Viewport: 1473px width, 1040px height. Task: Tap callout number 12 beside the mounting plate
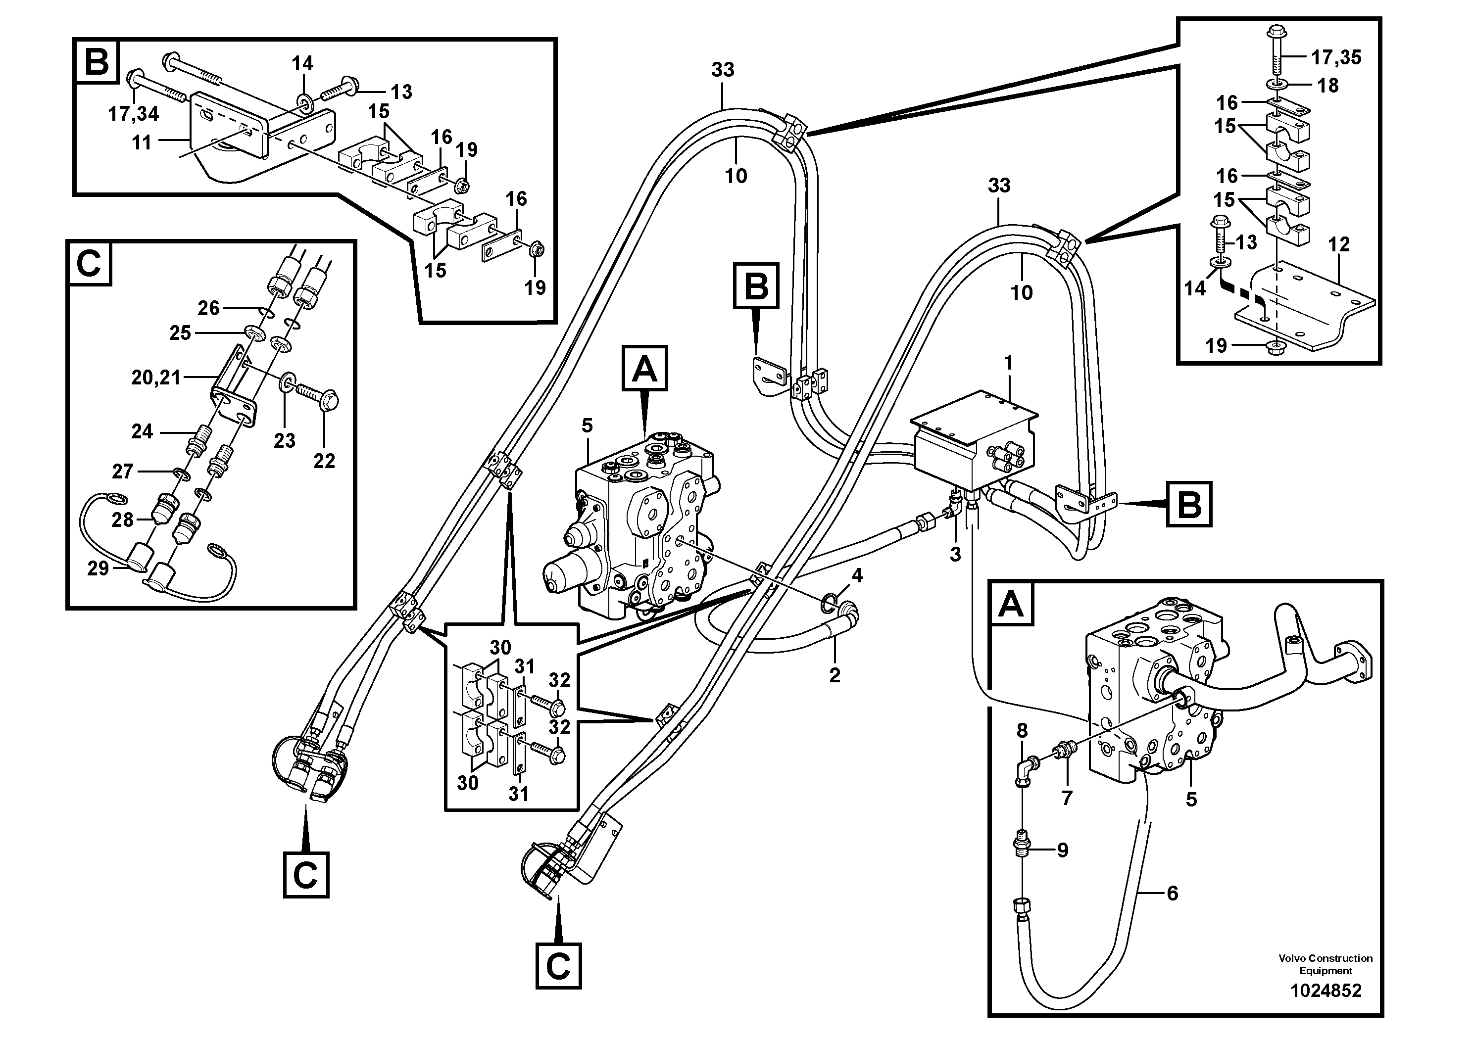1339,244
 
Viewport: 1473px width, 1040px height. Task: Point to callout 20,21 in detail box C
156,378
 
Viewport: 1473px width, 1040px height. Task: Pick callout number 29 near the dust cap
98,568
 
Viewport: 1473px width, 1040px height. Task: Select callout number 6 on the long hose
1172,893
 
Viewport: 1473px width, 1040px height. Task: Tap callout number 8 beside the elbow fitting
1022,730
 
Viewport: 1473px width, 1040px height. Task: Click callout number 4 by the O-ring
857,576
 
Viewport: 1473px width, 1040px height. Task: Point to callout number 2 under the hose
835,674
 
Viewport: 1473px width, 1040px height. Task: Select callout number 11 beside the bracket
142,142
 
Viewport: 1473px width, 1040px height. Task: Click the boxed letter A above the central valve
645,369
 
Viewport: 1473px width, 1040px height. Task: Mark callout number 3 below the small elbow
955,555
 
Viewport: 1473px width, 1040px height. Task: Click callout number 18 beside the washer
1328,85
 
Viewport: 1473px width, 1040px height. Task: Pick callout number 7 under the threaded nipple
1067,798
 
